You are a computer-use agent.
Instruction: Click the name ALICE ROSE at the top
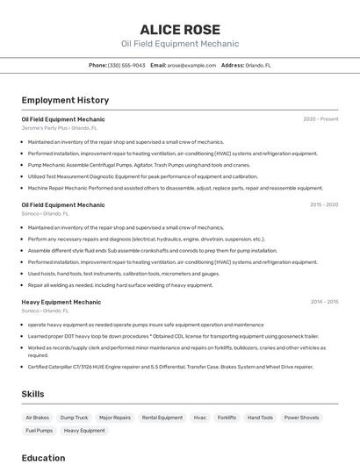click(180, 29)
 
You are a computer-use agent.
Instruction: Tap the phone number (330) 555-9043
click(126, 65)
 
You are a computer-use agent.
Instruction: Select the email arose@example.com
click(192, 65)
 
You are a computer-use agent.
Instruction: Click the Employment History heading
click(65, 100)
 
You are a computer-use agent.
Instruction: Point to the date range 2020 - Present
click(320, 118)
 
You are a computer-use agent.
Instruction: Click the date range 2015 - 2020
click(323, 204)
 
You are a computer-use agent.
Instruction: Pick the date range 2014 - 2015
click(323, 302)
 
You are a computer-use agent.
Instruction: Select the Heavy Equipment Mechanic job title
click(61, 302)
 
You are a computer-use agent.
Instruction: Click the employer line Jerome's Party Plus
click(59, 127)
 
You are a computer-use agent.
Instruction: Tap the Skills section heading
click(32, 394)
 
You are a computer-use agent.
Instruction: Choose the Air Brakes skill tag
click(38, 418)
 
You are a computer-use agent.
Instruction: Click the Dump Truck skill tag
click(74, 418)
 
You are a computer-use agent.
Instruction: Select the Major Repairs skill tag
click(115, 418)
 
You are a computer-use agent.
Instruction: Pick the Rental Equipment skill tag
click(162, 418)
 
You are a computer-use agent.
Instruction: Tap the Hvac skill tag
click(200, 418)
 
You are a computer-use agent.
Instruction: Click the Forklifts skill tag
click(227, 418)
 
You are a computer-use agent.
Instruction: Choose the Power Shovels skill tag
click(301, 418)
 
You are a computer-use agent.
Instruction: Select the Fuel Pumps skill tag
click(40, 431)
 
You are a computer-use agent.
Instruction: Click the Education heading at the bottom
click(43, 457)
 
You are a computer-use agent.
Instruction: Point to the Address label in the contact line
click(233, 65)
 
